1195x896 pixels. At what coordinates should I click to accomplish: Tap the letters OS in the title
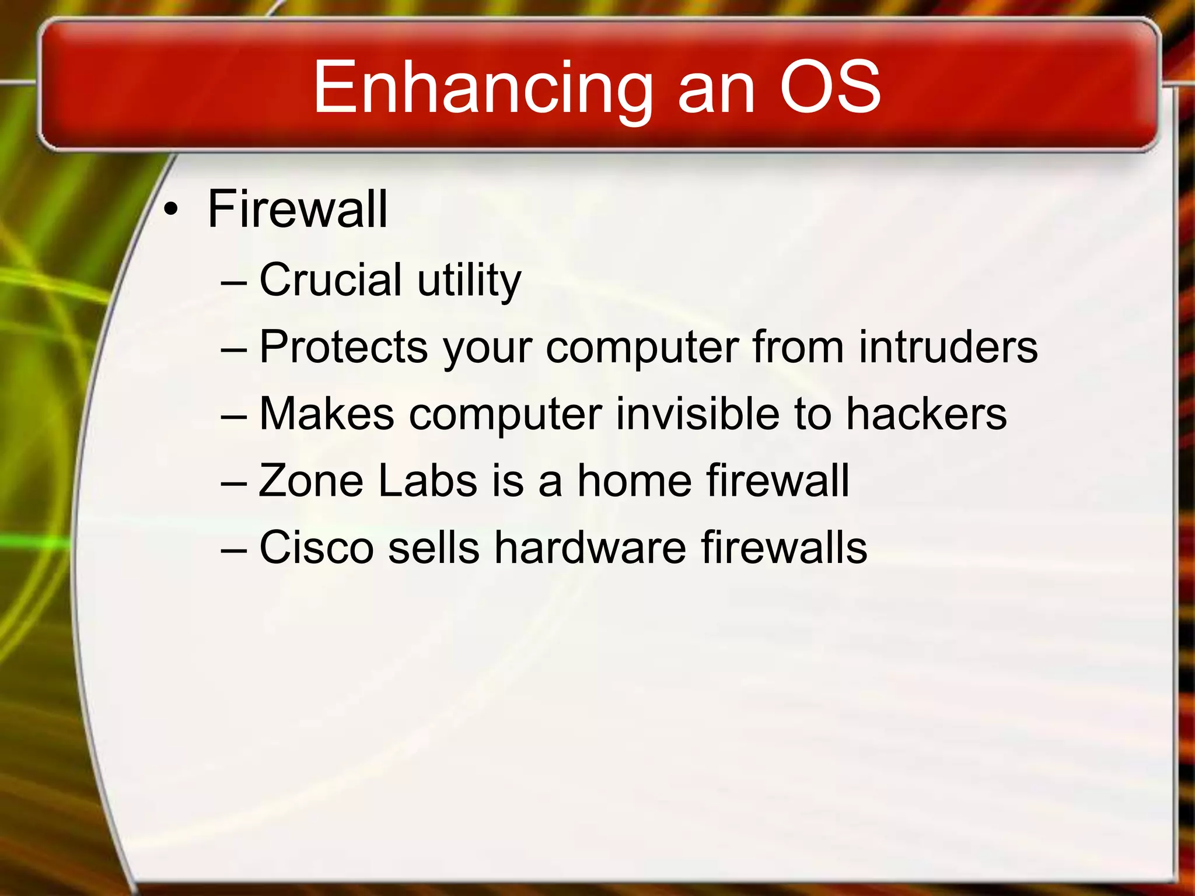click(830, 87)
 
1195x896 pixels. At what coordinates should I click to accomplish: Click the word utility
click(469, 281)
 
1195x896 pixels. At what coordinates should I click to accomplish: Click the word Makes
click(327, 414)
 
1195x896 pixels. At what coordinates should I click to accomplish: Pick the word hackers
click(927, 414)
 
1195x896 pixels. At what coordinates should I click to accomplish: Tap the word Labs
click(428, 481)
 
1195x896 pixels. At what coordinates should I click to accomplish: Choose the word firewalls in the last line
click(784, 548)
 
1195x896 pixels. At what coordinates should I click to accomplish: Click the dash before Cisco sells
click(235, 549)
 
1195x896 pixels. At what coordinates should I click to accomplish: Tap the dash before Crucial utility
click(235, 282)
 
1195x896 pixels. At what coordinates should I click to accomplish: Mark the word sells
click(434, 548)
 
